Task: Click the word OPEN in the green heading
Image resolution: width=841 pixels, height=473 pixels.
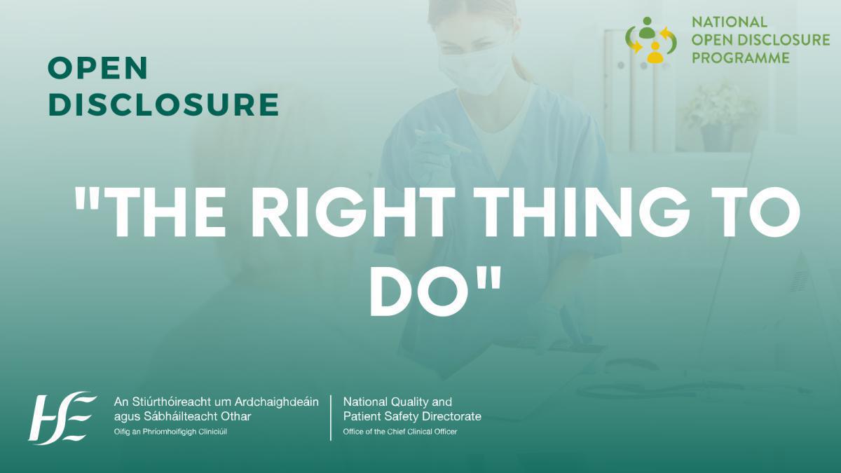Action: click(x=98, y=69)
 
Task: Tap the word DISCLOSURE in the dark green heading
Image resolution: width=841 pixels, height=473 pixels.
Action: click(x=163, y=104)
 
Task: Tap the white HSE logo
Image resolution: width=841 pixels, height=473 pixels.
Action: click(x=62, y=417)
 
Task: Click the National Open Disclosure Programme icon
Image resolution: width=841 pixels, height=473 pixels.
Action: click(x=651, y=39)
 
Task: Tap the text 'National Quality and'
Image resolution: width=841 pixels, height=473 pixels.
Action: click(x=397, y=402)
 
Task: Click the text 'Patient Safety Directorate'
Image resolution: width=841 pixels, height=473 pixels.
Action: click(x=412, y=416)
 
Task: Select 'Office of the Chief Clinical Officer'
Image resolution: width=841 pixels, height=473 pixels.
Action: click(x=399, y=432)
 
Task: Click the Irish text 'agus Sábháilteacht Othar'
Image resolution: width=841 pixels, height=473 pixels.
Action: click(x=182, y=416)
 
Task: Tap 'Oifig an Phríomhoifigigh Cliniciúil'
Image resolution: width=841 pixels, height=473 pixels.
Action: click(x=170, y=432)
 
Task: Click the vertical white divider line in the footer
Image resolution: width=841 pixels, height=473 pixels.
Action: click(x=331, y=417)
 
